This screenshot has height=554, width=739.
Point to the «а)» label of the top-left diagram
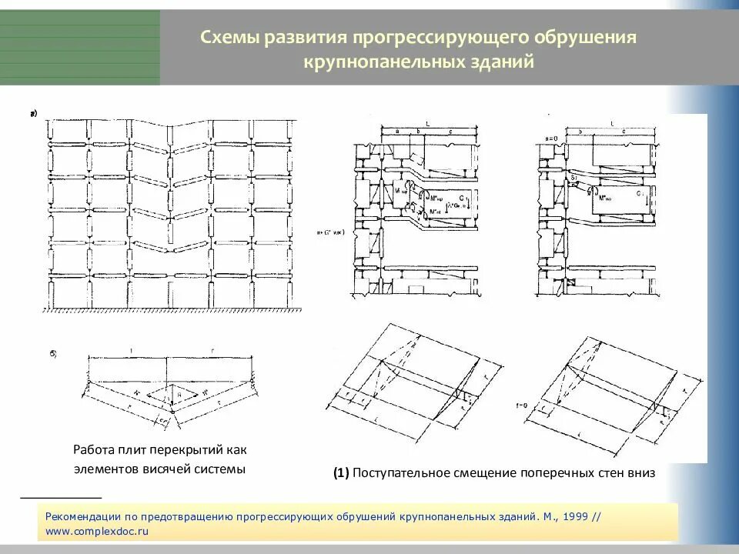point(34,115)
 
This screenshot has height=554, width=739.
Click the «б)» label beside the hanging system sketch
point(55,354)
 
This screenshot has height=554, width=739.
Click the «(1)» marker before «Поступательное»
point(342,474)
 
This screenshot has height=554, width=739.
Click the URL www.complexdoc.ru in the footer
point(96,531)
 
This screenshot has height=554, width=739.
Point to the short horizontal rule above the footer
point(61,498)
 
